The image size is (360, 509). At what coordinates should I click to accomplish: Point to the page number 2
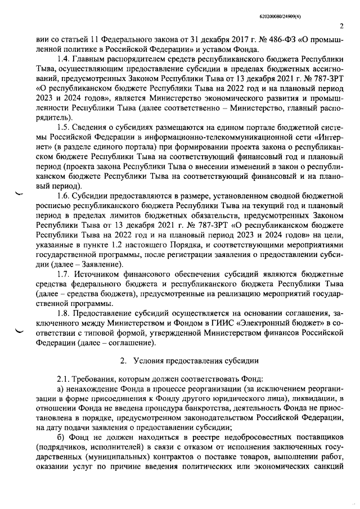pyautogui.click(x=341, y=26)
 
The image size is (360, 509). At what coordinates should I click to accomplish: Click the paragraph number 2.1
pyautogui.click(x=64, y=378)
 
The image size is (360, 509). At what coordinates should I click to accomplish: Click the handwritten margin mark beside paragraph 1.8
pyautogui.click(x=22, y=331)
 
